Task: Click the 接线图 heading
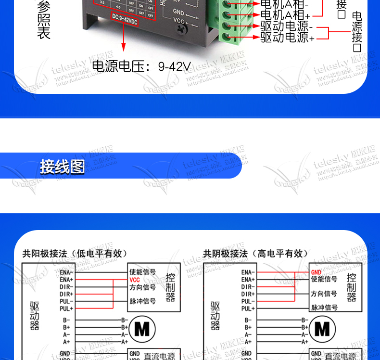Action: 62,167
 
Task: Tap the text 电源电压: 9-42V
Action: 141,66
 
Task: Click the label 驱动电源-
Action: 287,26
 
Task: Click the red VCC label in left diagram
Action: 135,280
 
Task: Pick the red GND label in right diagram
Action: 316,272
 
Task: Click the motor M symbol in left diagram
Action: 142,330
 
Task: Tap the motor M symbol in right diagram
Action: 322,330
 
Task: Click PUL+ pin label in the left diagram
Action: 66,309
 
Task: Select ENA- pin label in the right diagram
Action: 248,272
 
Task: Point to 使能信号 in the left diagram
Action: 142,272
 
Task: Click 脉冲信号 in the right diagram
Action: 324,308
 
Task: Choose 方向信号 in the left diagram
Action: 142,287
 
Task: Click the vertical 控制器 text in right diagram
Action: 351,287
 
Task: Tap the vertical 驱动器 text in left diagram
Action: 35,316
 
